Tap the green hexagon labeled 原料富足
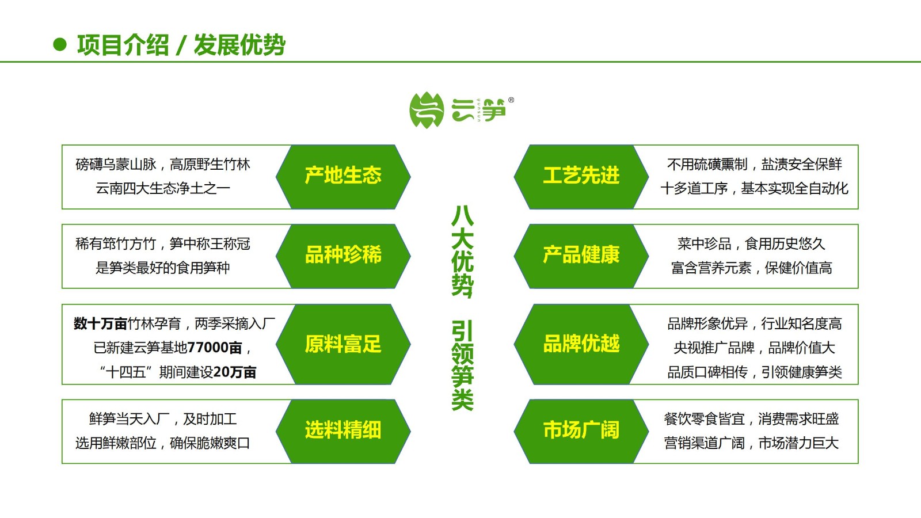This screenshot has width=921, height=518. [x=343, y=344]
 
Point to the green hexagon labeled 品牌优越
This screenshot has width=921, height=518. [x=581, y=344]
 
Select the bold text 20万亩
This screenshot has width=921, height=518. [x=234, y=372]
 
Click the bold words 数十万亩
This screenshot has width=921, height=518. [x=100, y=323]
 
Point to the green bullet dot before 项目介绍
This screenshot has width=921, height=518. [x=60, y=45]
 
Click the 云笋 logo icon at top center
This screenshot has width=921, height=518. [x=427, y=109]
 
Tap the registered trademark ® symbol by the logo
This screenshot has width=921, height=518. [x=511, y=100]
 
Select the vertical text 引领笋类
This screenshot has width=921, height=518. [x=462, y=365]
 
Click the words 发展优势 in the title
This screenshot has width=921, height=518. [x=239, y=45]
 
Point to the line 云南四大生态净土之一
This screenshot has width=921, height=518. [x=163, y=188]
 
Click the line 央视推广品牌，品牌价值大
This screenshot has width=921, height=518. [x=754, y=348]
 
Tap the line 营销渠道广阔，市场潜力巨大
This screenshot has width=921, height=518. [x=751, y=443]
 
